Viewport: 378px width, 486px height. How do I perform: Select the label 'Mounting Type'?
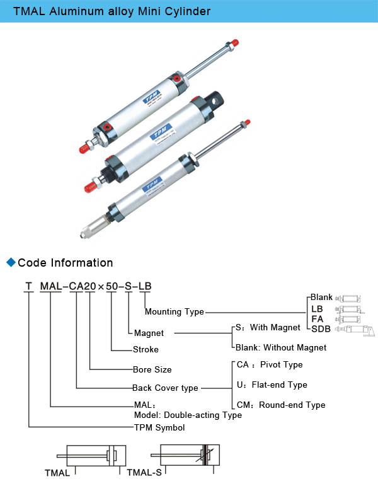[x=175, y=311]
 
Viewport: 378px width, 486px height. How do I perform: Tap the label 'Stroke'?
[x=146, y=349]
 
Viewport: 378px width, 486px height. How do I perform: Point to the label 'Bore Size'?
[x=152, y=369]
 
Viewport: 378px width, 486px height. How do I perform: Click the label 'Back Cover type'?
[x=165, y=388]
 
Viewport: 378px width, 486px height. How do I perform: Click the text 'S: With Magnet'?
[x=268, y=328]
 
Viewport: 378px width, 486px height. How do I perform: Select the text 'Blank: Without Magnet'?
[x=281, y=347]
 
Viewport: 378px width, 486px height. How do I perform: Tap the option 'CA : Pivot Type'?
[x=270, y=365]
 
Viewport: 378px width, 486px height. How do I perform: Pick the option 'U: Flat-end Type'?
[x=272, y=385]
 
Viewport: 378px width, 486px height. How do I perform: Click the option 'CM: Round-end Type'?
[x=281, y=405]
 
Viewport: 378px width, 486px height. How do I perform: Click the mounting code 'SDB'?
[x=321, y=328]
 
